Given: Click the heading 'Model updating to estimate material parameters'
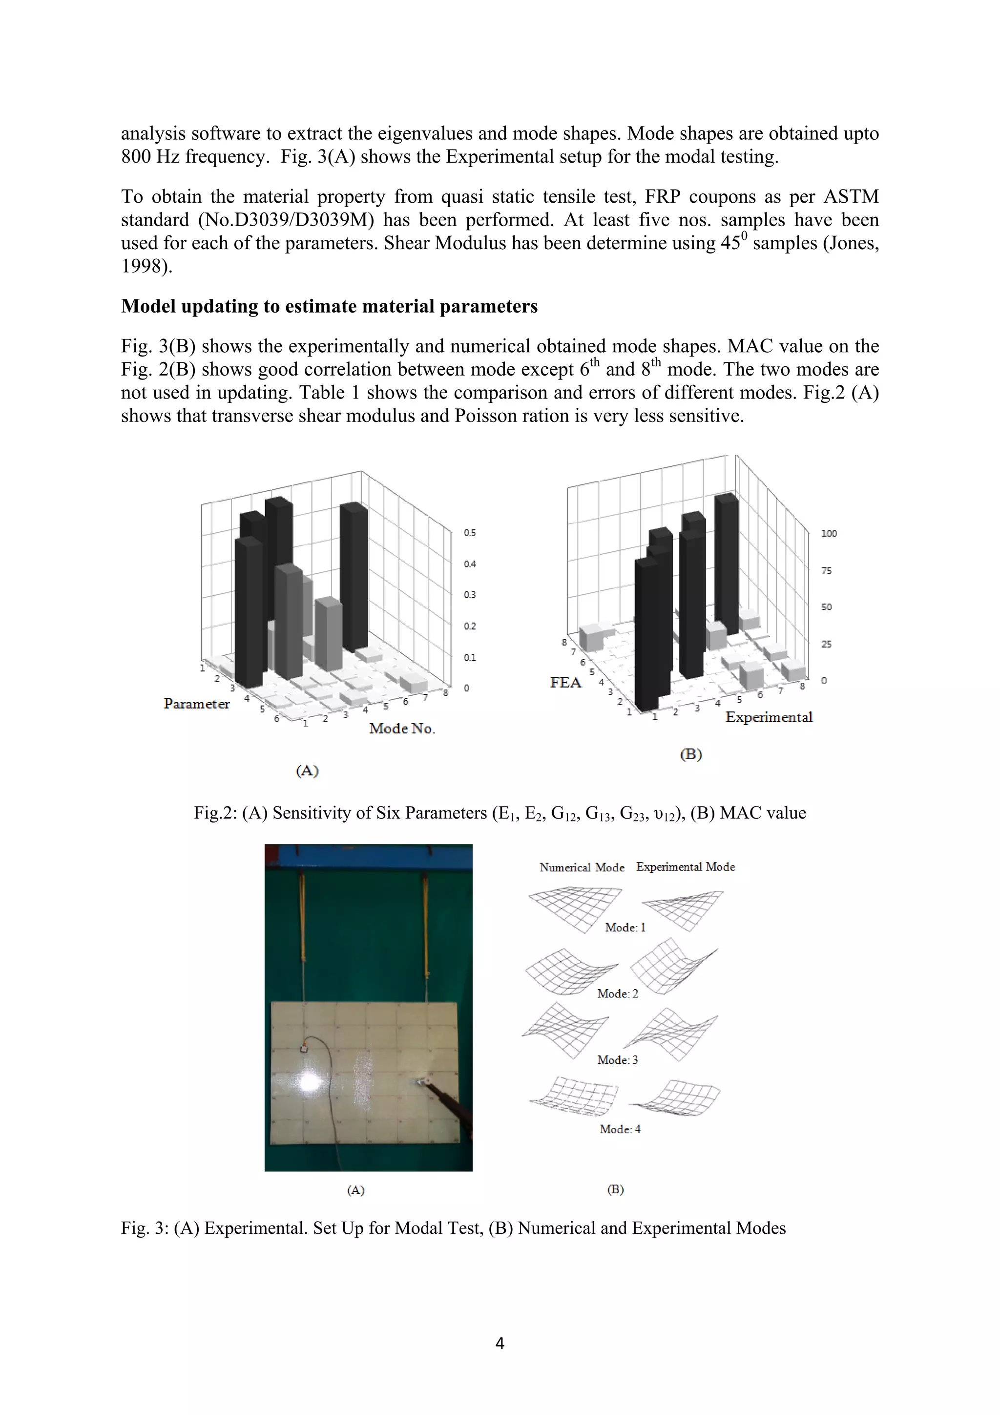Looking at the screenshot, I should [x=329, y=306].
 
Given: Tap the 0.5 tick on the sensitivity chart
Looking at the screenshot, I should [x=470, y=532].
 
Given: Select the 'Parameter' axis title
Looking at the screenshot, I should [x=197, y=703].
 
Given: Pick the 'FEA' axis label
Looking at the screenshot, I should [x=565, y=682].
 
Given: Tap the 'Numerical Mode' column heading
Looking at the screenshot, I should [x=582, y=867].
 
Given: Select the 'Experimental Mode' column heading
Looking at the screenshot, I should [x=685, y=866].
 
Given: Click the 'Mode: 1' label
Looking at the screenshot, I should [x=625, y=928].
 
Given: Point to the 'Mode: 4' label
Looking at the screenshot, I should [x=620, y=1129].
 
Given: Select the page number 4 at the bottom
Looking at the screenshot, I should [x=500, y=1344].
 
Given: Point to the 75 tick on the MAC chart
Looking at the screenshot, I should [x=826, y=570].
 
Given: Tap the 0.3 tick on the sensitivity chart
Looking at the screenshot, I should [x=470, y=595].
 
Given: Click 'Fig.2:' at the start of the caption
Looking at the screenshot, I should [x=215, y=813].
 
